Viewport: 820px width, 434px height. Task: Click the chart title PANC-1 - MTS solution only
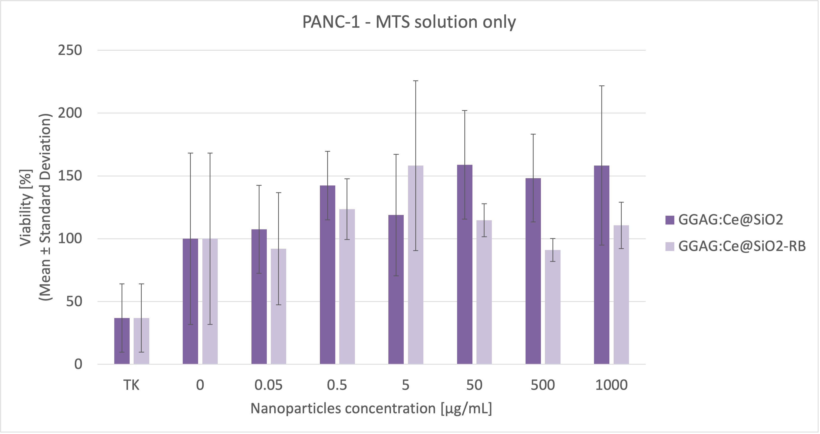tap(409, 22)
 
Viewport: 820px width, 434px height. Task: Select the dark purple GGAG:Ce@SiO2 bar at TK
tap(122, 341)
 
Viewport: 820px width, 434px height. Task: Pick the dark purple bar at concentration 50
tap(465, 264)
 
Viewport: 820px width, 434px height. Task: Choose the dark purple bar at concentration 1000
tap(602, 264)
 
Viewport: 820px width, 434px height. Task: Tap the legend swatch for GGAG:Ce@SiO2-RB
tap(670, 246)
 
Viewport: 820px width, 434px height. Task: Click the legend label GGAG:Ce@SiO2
tap(731, 220)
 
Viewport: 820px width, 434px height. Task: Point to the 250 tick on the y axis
tap(70, 50)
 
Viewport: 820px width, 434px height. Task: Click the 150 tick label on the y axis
tap(70, 176)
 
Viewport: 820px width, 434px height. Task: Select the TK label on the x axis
tap(131, 385)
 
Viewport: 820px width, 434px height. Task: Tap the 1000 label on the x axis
tap(611, 385)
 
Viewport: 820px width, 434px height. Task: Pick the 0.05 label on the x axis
tap(268, 385)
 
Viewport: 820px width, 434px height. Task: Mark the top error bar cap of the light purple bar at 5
tap(416, 81)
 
